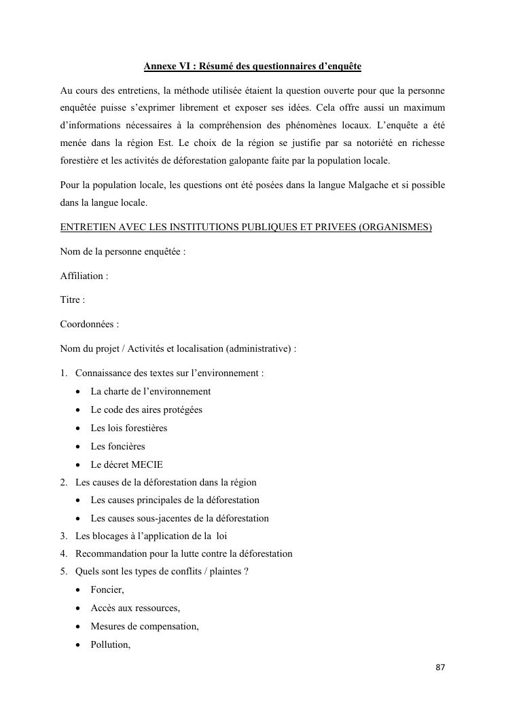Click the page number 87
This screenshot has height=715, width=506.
pos(440,667)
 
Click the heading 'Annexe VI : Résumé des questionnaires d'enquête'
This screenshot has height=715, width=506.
pos(253,67)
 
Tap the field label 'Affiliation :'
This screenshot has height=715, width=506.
pos(84,276)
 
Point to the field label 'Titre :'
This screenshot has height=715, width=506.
pos(73,300)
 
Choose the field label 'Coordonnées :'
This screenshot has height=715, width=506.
pos(90,325)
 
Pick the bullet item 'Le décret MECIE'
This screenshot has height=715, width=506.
pos(127,464)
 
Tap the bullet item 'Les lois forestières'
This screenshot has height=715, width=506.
pos(129,428)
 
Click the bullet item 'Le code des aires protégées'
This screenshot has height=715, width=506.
pos(147,409)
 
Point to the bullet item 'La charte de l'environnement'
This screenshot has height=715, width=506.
pos(151,391)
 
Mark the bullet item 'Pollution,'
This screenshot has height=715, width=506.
pos(110,644)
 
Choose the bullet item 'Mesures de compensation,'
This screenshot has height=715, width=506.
pos(145,626)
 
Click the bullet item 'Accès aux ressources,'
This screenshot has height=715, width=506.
pos(135,608)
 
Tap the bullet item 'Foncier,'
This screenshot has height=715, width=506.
pos(107,590)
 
